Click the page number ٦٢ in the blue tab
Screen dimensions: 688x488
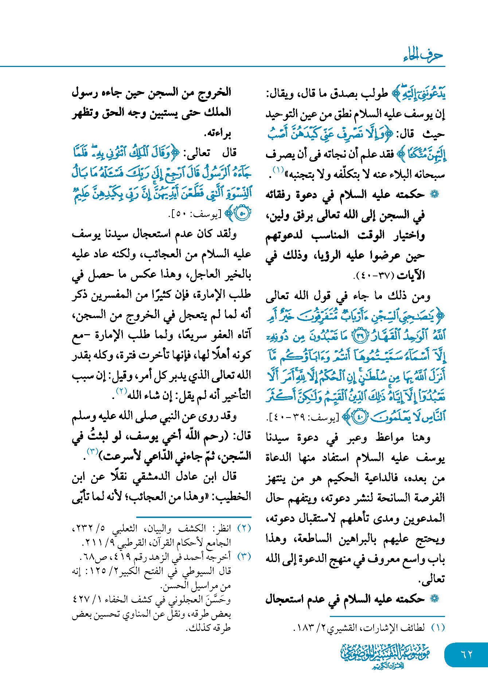[466, 654]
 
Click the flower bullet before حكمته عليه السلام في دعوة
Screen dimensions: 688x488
[434, 194]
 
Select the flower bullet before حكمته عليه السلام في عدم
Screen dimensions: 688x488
[434, 599]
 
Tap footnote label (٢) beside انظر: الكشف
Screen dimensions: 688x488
[244, 529]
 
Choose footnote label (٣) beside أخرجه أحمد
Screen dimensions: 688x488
[244, 557]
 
